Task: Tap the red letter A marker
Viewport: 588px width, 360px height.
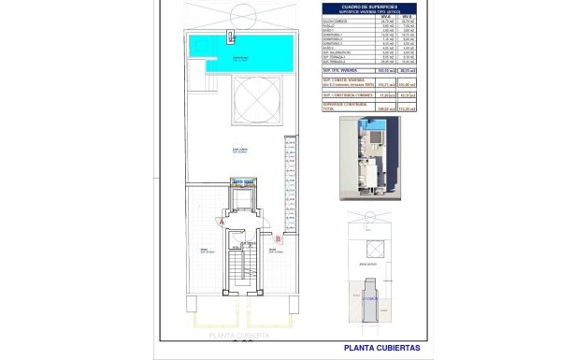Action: click(222, 223)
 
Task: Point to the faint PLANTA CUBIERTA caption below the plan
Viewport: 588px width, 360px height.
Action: click(240, 334)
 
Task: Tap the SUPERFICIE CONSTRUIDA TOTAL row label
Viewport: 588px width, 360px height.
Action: click(344, 107)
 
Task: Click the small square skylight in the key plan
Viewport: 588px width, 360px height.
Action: click(374, 248)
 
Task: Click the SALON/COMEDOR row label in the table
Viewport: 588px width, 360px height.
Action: click(336, 22)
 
